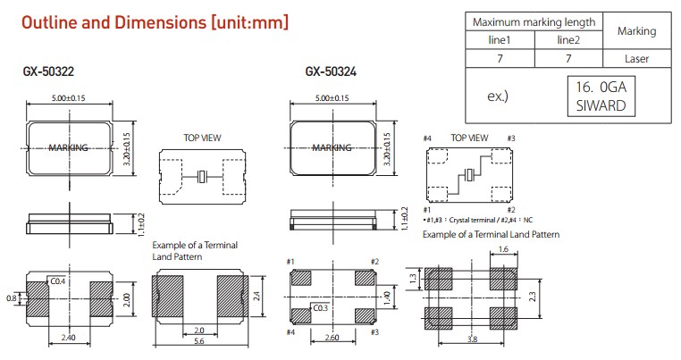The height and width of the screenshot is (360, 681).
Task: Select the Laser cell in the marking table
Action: pyautogui.click(x=636, y=59)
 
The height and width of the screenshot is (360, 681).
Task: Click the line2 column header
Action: pyautogui.click(x=568, y=40)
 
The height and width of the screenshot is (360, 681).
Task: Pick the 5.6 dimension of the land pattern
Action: pyautogui.click(x=199, y=341)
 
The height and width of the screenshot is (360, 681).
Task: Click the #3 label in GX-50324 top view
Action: pyautogui.click(x=510, y=138)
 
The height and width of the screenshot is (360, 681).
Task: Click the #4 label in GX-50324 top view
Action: pyautogui.click(x=428, y=138)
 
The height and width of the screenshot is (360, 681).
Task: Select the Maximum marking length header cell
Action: pyautogui.click(x=534, y=21)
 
